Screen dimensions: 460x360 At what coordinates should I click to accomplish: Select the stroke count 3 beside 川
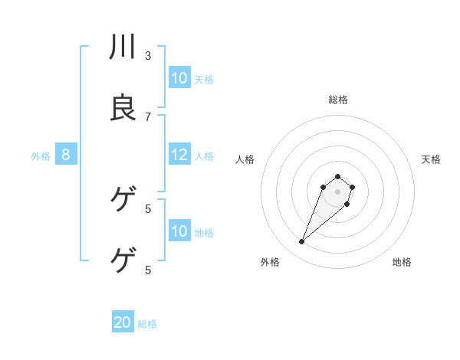148,55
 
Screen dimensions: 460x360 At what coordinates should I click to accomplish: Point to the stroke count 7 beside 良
148,116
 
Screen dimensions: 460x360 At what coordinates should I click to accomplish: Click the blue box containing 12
179,155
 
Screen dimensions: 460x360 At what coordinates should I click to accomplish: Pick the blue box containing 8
66,155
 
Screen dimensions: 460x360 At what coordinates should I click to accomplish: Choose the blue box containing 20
123,322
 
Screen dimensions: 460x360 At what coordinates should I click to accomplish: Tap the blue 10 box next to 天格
179,78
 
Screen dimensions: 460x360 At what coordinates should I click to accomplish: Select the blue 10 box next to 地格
179,231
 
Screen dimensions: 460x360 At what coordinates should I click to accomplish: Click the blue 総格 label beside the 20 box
147,324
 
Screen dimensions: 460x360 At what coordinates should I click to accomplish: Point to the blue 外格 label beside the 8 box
41,156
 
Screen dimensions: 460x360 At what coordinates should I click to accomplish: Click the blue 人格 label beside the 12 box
204,156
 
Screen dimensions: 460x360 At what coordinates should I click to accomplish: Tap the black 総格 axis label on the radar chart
338,100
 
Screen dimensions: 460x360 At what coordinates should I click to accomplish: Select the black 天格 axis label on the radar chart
431,159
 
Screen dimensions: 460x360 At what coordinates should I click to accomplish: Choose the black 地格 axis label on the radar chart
402,262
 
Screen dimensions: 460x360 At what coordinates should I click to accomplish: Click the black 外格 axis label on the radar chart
270,262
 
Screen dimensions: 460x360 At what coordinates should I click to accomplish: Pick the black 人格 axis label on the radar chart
245,159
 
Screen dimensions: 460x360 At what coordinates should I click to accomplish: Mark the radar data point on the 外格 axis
302,242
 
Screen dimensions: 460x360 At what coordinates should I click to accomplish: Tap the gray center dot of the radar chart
338,191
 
